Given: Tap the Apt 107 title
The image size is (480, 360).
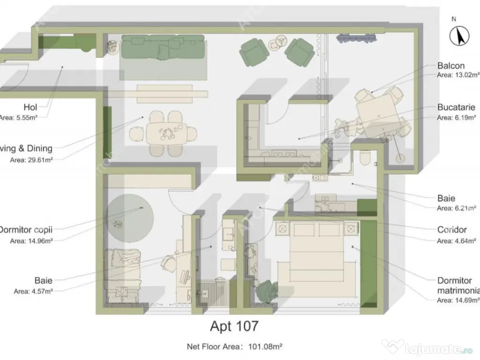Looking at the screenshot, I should [234, 326].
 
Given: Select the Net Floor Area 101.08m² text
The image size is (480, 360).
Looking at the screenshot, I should [234, 347].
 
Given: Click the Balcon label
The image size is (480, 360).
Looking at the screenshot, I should [451, 66].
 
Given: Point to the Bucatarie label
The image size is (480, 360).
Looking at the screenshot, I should [456, 108].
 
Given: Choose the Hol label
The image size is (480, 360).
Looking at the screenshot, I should [30, 107].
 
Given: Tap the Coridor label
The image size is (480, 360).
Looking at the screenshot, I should [452, 230].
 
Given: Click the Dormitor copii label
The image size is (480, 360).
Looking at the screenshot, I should [26, 230].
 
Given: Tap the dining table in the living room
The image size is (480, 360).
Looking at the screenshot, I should [166, 134].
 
